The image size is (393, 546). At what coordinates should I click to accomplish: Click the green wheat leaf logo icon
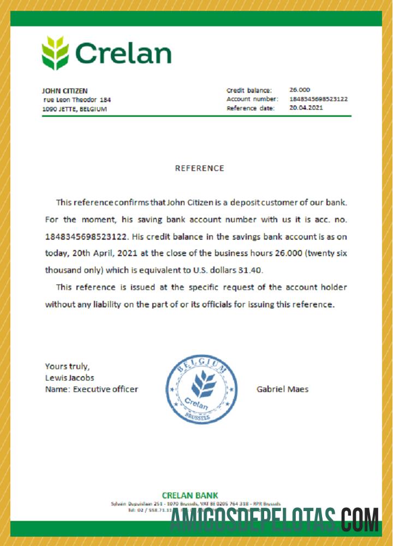[56, 52]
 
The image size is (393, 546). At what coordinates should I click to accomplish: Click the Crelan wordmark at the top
[123, 53]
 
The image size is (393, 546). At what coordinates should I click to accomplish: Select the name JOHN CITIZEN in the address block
[64, 91]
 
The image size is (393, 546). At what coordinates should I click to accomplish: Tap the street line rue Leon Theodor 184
[77, 100]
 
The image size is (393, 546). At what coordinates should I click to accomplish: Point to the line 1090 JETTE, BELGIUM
[74, 109]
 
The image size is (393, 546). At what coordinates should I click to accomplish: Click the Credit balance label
[249, 90]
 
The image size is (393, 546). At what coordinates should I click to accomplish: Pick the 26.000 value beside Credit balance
[300, 90]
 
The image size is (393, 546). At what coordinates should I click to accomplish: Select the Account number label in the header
[252, 99]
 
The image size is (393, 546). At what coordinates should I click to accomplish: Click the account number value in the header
[318, 99]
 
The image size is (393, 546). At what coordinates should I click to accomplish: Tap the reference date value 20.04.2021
[306, 108]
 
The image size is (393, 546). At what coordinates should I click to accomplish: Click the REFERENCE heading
[199, 168]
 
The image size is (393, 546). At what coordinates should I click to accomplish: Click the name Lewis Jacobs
[69, 378]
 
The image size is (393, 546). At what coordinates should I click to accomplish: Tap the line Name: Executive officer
[91, 389]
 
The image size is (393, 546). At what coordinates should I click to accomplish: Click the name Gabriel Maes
[282, 389]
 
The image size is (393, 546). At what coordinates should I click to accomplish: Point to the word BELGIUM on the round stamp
[203, 365]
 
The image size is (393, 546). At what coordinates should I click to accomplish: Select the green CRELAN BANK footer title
[190, 495]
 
